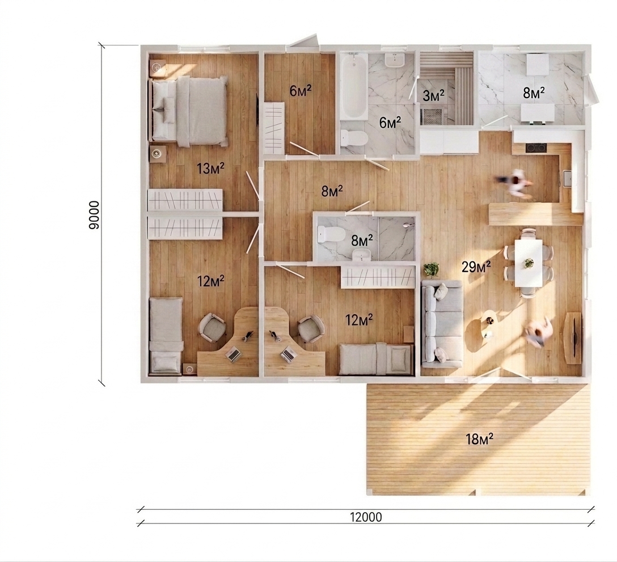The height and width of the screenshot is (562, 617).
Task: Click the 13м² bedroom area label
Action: (x=210, y=169)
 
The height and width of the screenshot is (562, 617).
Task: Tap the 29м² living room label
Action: (x=476, y=267)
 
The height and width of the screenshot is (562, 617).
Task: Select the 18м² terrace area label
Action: (x=480, y=439)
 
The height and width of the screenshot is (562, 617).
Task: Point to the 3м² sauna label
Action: (x=434, y=95)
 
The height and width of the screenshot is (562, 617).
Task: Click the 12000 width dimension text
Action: (x=366, y=517)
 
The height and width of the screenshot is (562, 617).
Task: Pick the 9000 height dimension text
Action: (x=95, y=215)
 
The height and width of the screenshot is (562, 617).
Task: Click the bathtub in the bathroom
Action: (x=353, y=86)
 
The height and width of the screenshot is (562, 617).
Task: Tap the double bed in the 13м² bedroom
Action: (x=188, y=111)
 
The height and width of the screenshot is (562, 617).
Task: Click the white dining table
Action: (x=529, y=263)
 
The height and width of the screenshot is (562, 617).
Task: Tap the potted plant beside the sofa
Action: (x=432, y=269)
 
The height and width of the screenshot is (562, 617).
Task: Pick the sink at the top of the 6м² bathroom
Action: (x=395, y=60)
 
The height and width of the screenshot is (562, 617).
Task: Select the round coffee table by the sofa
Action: (x=489, y=324)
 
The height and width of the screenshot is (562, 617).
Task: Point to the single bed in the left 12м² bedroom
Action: (x=166, y=335)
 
